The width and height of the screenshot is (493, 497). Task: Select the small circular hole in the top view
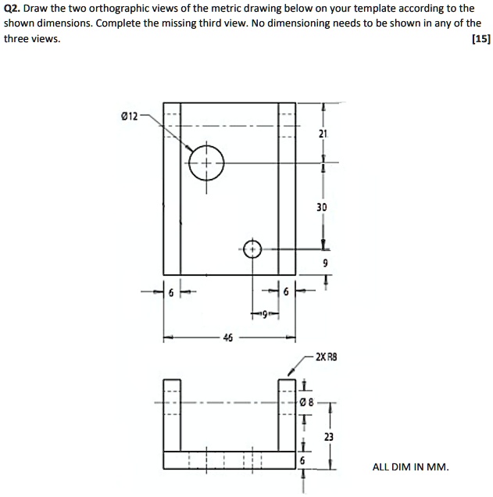[252, 249]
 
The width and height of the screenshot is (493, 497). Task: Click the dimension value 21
[323, 134]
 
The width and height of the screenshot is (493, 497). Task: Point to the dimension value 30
[322, 208]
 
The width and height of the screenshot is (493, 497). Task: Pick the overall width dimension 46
[227, 338]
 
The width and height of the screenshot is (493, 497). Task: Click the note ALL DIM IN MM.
[410, 467]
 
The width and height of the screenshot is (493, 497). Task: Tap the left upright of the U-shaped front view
[172, 414]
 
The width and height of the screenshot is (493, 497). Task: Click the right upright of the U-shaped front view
[287, 414]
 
